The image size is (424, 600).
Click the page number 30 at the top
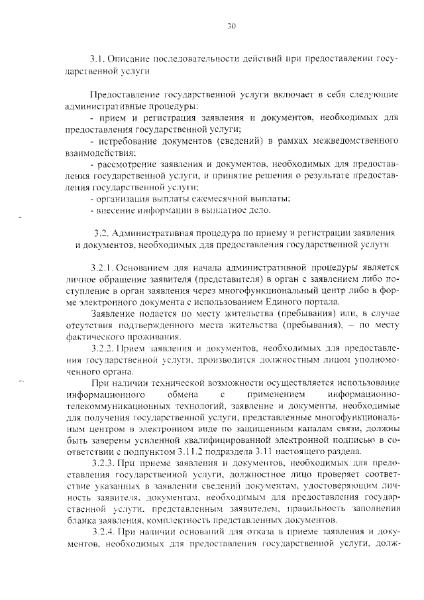[x=231, y=27]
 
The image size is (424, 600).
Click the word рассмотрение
[x=129, y=164]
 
